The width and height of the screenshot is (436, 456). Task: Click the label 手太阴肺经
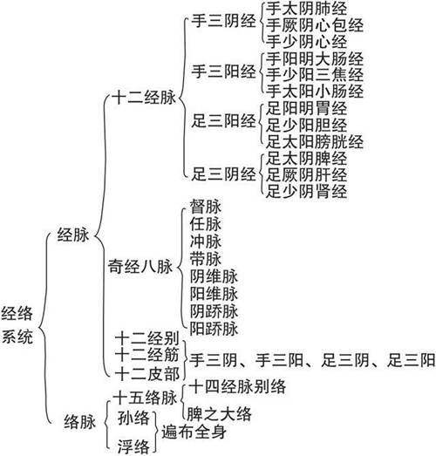(307, 9)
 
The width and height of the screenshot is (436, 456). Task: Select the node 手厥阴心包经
(315, 25)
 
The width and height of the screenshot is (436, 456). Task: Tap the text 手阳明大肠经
(315, 59)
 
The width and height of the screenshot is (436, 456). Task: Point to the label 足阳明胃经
(307, 108)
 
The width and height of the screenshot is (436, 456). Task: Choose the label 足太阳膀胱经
(315, 142)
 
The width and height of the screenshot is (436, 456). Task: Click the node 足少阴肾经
(307, 191)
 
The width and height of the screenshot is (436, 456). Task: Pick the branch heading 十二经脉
(145, 97)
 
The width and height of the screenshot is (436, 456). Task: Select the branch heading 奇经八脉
(140, 267)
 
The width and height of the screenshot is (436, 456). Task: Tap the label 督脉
(206, 207)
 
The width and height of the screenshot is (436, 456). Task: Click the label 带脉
(206, 259)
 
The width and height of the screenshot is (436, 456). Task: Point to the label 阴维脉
(214, 276)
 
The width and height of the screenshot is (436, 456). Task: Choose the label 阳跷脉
(214, 329)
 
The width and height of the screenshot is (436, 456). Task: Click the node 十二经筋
(146, 355)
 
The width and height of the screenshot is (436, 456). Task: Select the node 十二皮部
(147, 374)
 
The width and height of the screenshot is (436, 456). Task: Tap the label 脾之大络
(219, 413)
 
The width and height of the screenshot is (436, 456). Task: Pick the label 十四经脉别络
(237, 387)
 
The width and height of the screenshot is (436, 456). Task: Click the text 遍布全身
(194, 431)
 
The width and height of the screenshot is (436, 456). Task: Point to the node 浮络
(133, 446)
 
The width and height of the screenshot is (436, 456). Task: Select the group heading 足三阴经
(223, 174)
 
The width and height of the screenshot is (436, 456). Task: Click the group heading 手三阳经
(223, 71)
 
